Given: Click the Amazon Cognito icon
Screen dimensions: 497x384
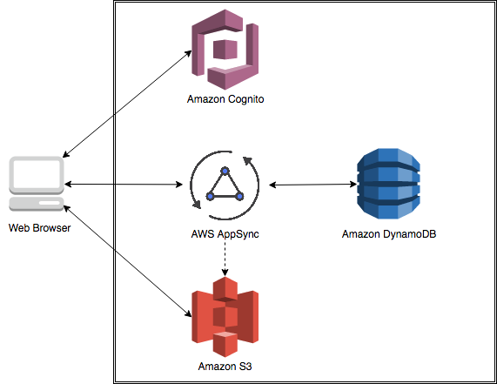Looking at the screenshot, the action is point(225,50).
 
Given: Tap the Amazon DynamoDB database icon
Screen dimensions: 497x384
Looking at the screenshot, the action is point(388,184).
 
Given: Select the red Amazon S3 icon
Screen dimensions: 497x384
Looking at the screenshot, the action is point(225,317).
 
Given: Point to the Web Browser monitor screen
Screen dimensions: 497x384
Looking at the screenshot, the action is point(37,175).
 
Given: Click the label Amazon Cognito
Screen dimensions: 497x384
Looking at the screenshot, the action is point(225,99).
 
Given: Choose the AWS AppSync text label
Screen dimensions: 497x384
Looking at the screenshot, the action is point(225,234).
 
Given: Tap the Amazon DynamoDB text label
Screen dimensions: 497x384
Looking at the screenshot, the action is point(389,234).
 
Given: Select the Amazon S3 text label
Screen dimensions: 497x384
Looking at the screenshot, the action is point(225,367).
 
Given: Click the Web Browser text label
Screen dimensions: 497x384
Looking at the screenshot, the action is point(40,227).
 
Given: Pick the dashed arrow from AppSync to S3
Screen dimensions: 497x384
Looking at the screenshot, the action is point(225,258).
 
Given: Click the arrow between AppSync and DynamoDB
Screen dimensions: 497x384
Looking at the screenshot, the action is point(312,185).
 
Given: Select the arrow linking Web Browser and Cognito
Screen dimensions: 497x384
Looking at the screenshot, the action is point(127,104).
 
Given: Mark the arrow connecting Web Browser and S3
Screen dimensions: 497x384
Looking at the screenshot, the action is point(127,260).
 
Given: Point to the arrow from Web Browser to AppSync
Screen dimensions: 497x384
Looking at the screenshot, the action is point(124,184).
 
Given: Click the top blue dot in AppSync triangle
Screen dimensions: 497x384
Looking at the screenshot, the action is point(225,172).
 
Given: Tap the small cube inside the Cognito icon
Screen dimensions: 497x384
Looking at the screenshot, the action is point(225,50).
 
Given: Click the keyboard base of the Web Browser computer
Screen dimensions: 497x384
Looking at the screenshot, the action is point(37,204).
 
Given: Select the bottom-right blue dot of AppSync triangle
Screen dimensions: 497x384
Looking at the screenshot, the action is point(240,196).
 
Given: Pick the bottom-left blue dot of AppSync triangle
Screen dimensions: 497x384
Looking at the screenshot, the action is point(210,196).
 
